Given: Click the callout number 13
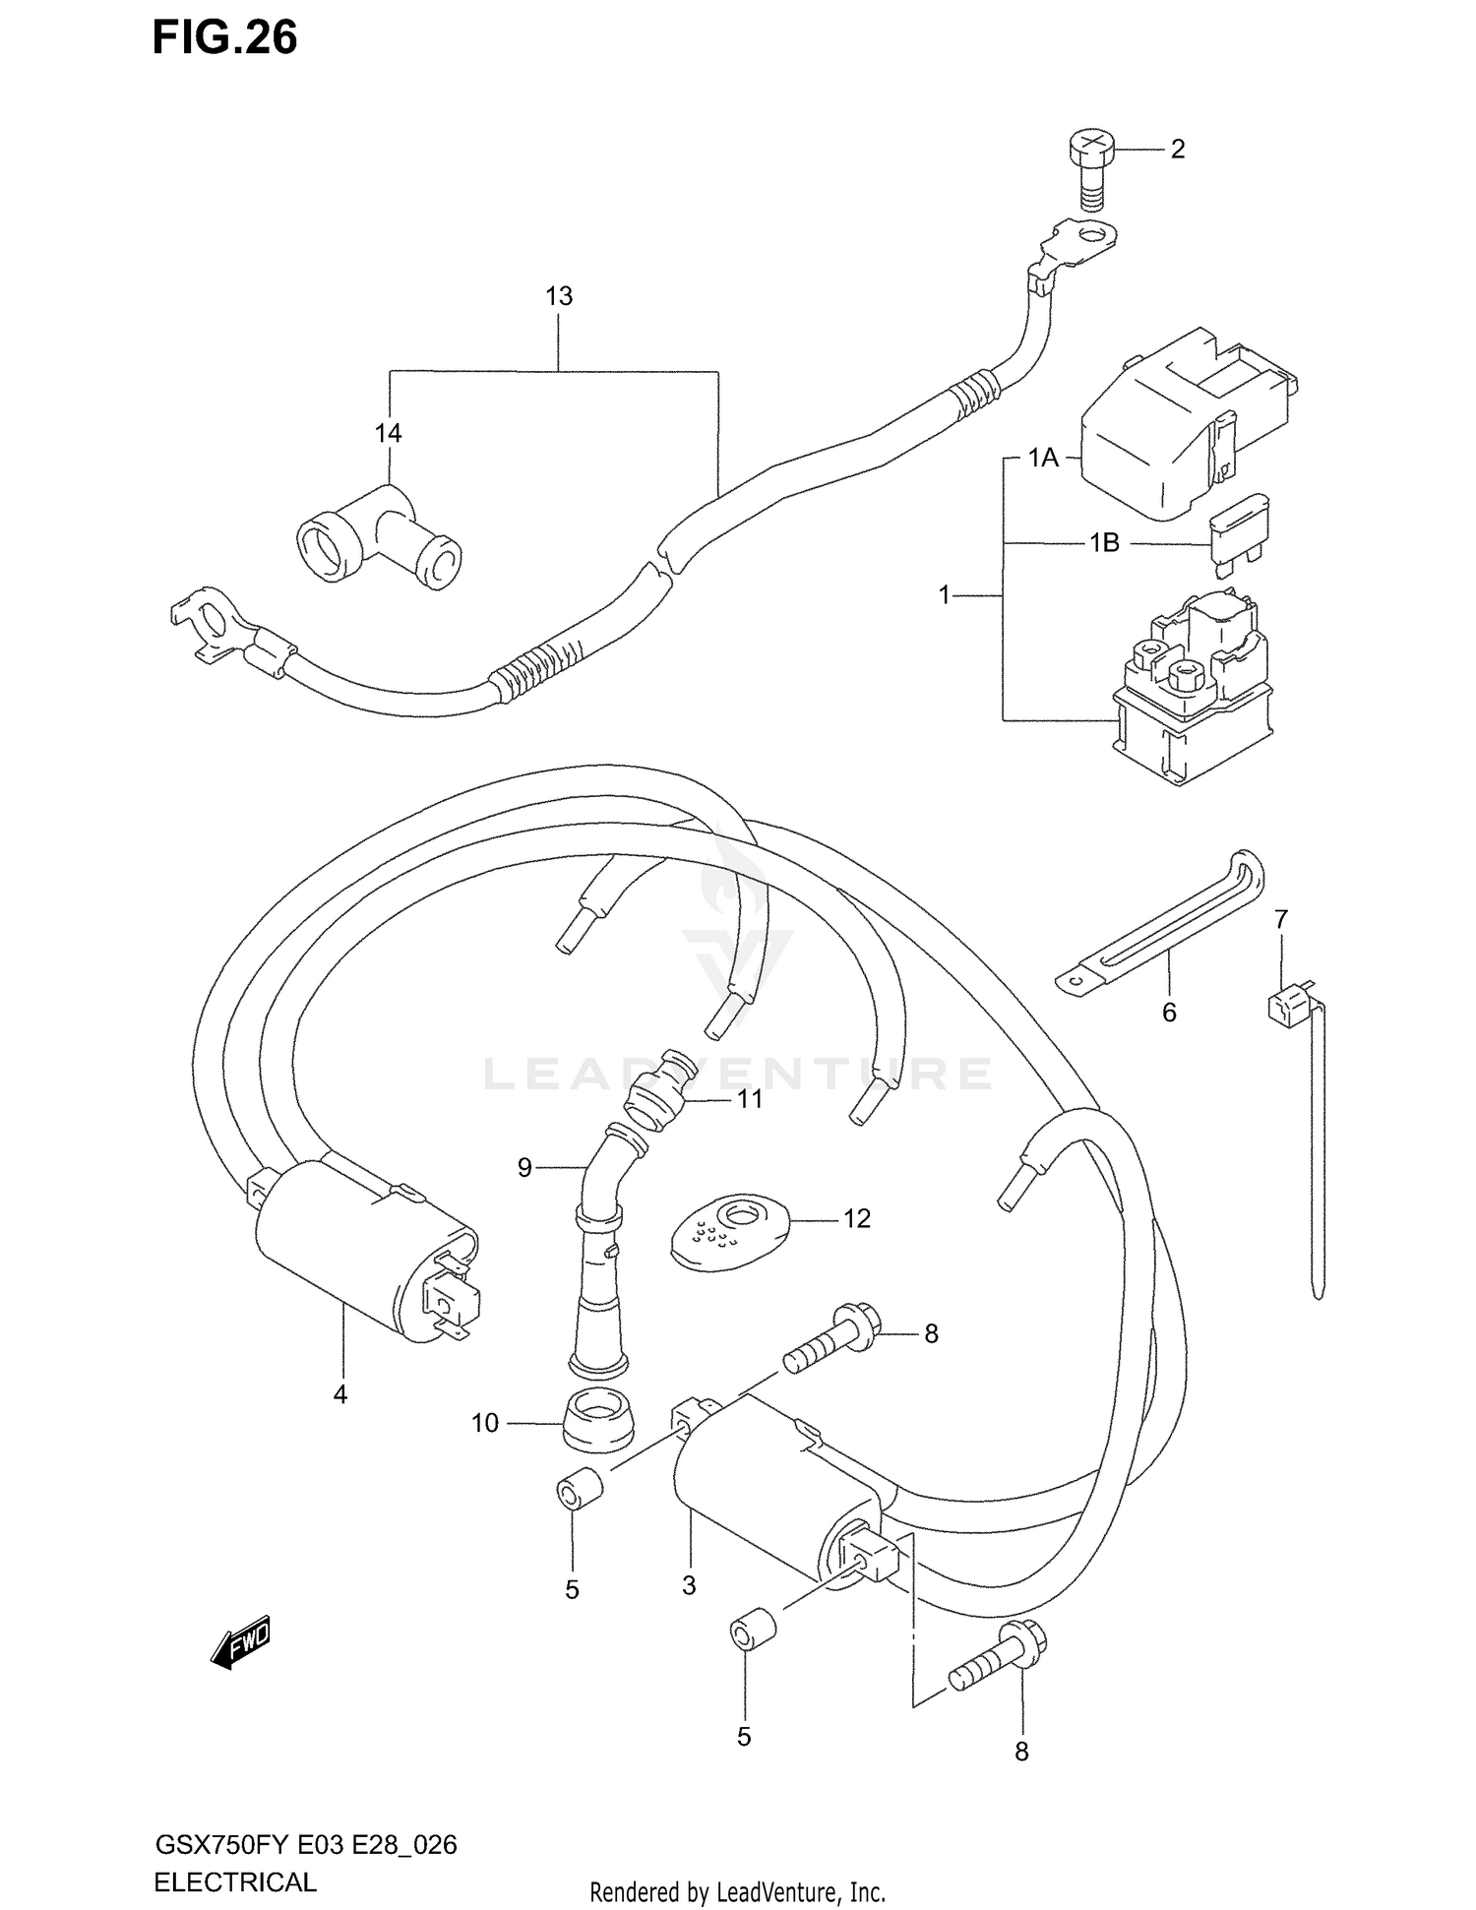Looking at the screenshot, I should [559, 296].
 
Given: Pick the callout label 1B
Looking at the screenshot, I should [1104, 543].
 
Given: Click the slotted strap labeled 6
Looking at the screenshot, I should [1161, 919].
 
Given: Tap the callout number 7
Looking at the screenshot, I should [1280, 919].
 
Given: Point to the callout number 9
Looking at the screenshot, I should [524, 1168].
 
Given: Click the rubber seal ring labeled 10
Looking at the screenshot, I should [597, 1423].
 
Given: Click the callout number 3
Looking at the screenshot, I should [689, 1585].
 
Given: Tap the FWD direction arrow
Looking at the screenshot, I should [241, 1643].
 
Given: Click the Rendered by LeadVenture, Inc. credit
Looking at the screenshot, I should [737, 1891].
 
